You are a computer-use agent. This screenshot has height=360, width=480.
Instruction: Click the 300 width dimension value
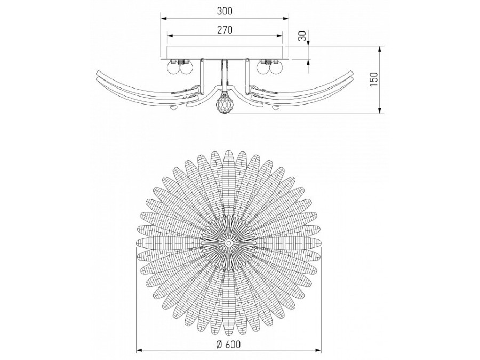click(225, 11)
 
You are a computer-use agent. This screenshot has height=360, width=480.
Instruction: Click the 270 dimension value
click(225, 30)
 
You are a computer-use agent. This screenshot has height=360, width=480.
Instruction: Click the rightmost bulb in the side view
click(276, 68)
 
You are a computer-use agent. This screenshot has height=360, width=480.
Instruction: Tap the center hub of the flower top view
click(228, 242)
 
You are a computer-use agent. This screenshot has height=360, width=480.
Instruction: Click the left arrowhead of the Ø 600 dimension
click(139, 350)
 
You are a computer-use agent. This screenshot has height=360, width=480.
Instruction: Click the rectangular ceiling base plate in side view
click(225, 52)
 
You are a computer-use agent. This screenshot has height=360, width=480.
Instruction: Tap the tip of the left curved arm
click(96, 74)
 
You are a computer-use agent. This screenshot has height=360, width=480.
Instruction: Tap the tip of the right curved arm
click(354, 74)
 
